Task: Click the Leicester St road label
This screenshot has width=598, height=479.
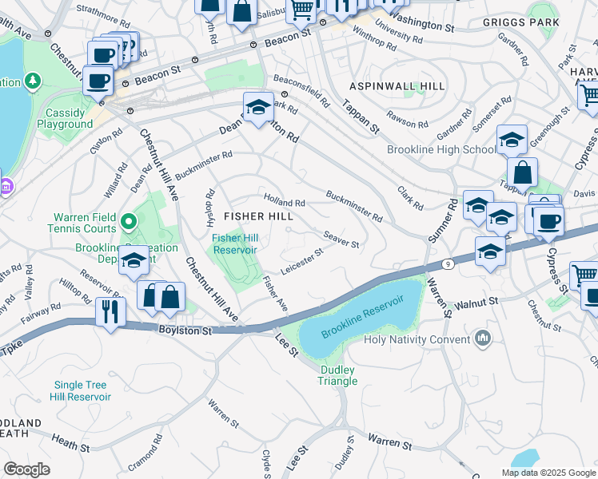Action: point(301,259)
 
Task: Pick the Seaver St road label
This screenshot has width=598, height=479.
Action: point(341,238)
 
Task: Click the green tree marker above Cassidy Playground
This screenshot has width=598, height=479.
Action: point(34,81)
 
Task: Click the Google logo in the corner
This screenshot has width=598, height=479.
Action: point(27,469)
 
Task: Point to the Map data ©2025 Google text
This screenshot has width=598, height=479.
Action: point(548,473)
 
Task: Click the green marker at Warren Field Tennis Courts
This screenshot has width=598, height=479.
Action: point(130,219)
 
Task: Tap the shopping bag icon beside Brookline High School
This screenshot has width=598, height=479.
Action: point(521,172)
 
